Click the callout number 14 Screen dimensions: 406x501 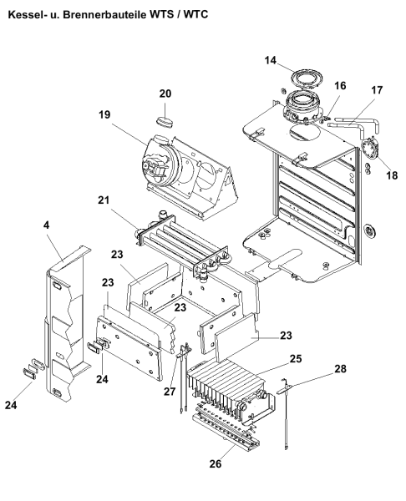pyautogui.click(x=271, y=60)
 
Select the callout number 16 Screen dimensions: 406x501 pyautogui.click(x=340, y=86)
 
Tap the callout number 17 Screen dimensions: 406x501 pyautogui.click(x=377, y=90)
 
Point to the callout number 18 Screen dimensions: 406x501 pyautogui.click(x=392, y=175)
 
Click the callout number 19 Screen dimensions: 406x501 pyautogui.click(x=104, y=114)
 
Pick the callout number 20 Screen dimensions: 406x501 pyautogui.click(x=165, y=94)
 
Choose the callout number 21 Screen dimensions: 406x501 pyautogui.click(x=104, y=200)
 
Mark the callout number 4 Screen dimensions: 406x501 pyautogui.click(x=47, y=225)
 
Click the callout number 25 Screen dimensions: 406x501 pyautogui.click(x=296, y=358)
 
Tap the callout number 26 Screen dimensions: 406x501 pyautogui.click(x=216, y=463)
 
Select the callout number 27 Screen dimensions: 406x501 pyautogui.click(x=170, y=391)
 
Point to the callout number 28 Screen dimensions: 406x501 pyautogui.click(x=341, y=369)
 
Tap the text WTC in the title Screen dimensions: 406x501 pyautogui.click(x=195, y=14)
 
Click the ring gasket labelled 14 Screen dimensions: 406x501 pyautogui.click(x=307, y=78)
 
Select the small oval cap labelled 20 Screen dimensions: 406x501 pyautogui.click(x=165, y=122)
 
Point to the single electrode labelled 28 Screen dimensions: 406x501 pyautogui.click(x=285, y=414)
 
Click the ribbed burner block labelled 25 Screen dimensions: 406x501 pyautogui.click(x=231, y=388)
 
